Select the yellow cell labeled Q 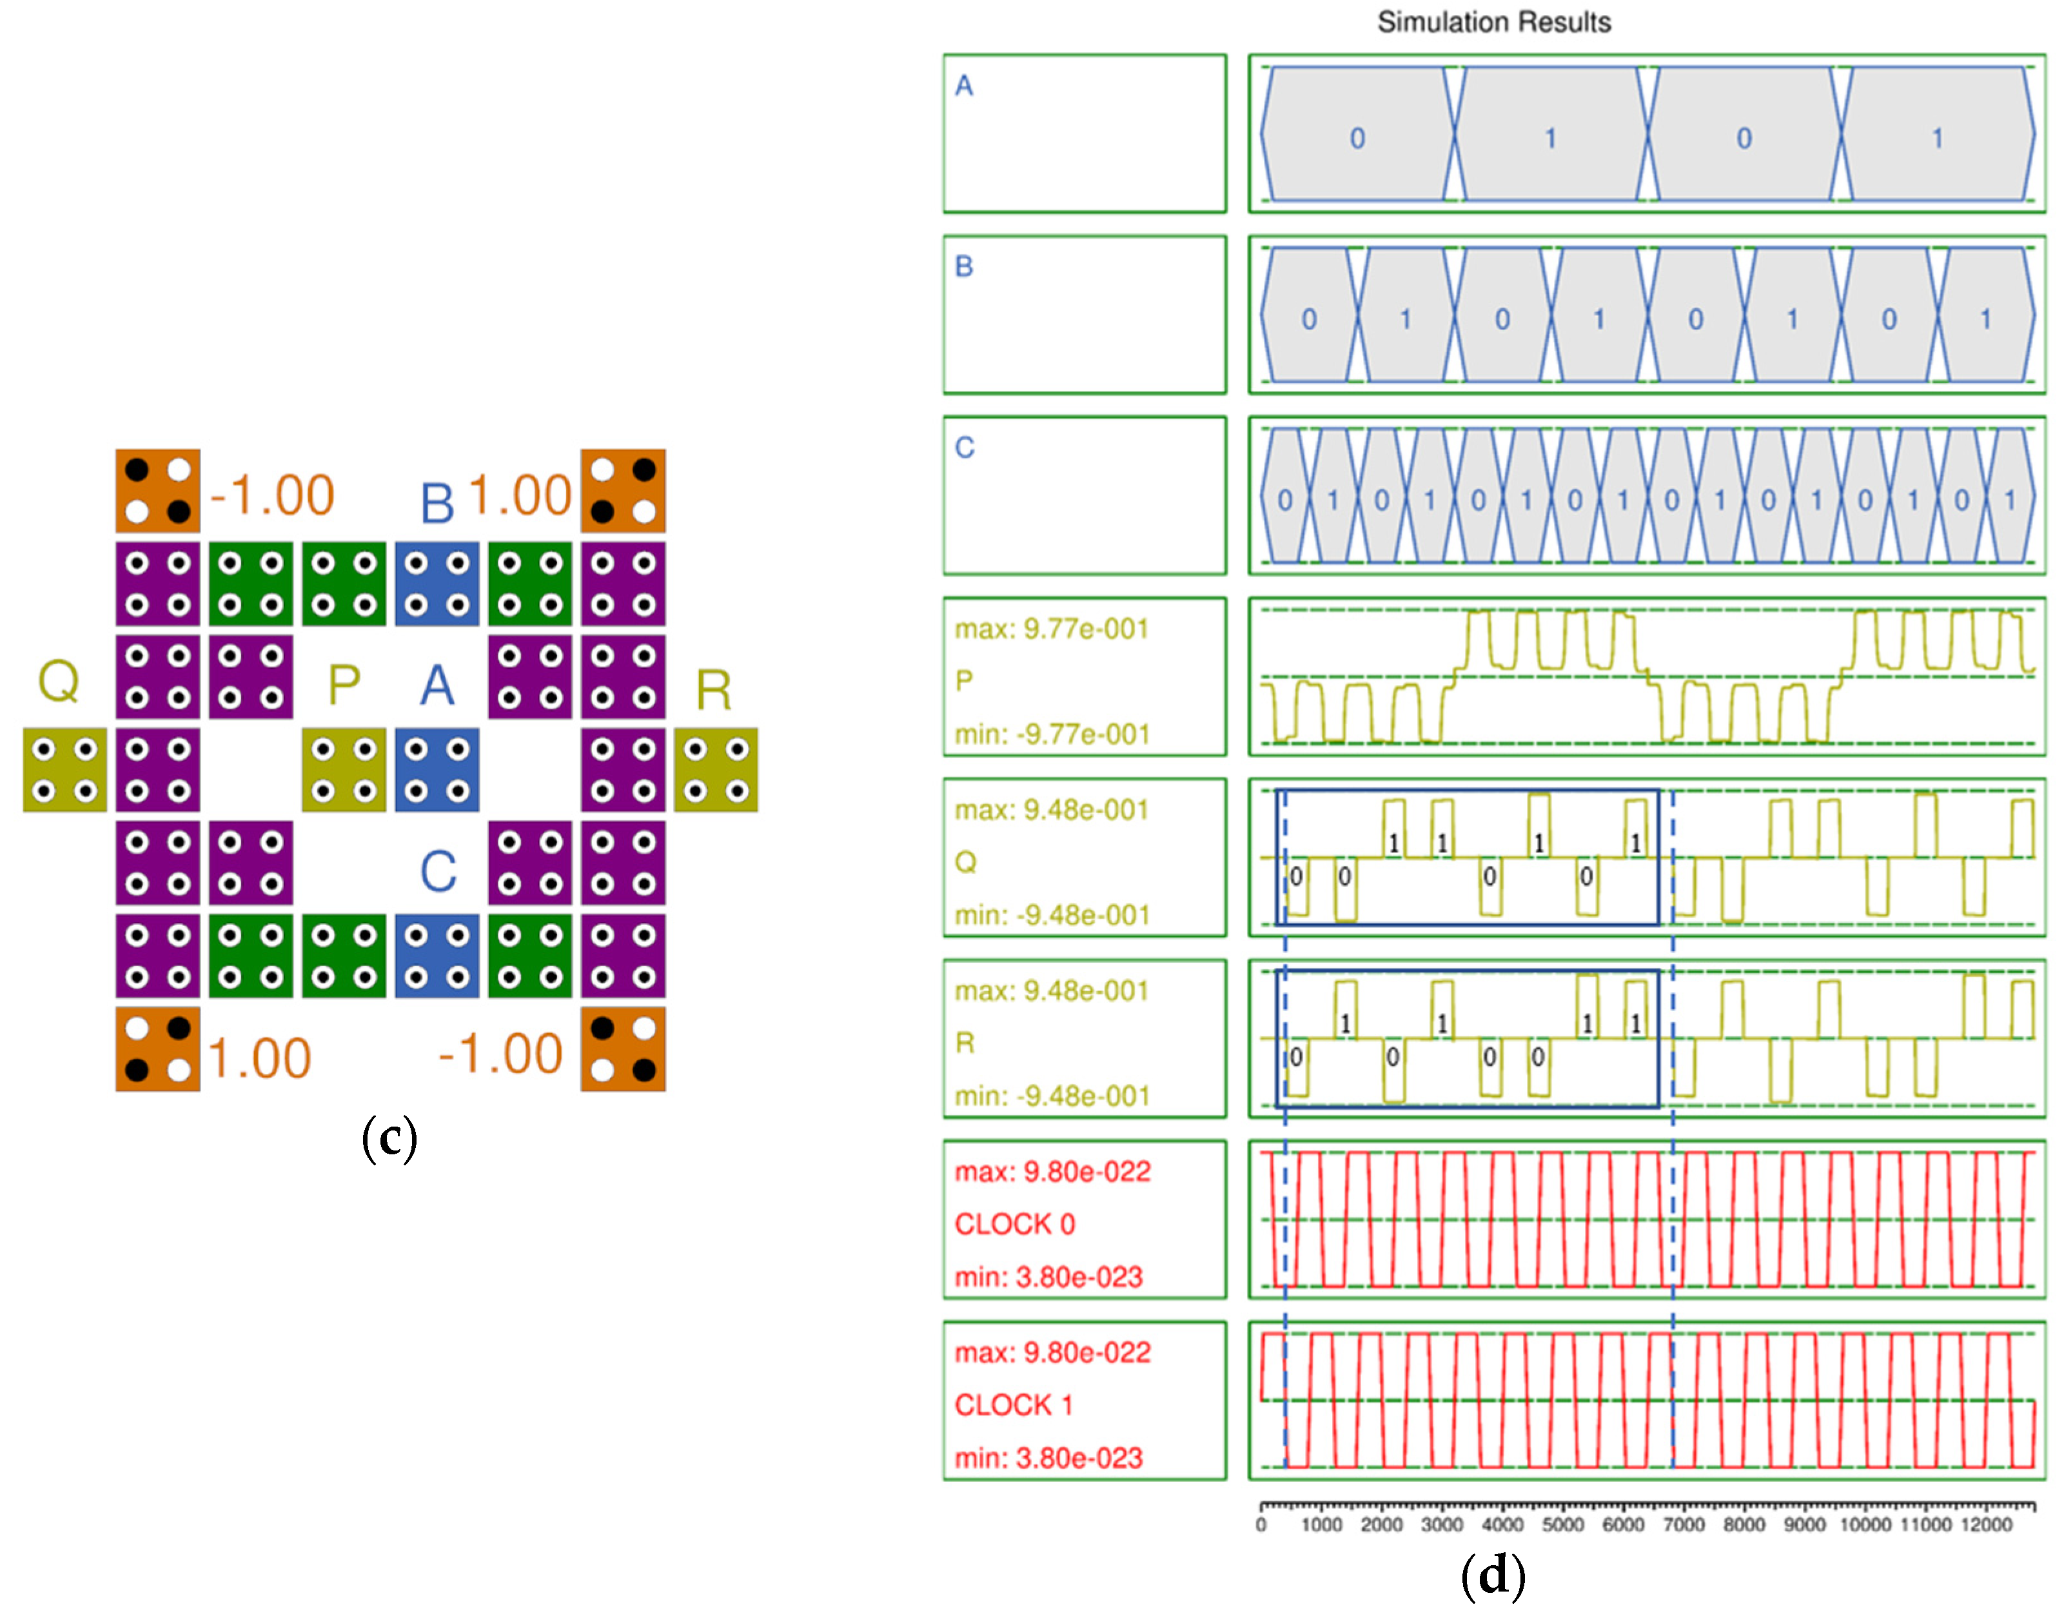pos(64,769)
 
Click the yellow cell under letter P pos(343,769)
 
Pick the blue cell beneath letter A pos(436,769)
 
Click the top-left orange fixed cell pos(157,491)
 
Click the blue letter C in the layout pos(438,871)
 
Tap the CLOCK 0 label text pos(1014,1224)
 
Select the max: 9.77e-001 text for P pos(1052,629)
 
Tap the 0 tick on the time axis pos(1261,1525)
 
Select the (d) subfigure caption pos(1493,1576)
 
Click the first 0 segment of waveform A pos(1357,138)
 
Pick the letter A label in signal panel pos(964,86)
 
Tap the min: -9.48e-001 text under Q pos(1052,915)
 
